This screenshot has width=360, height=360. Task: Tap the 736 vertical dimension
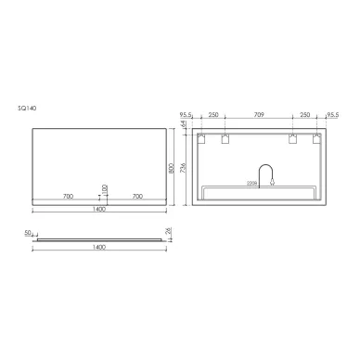coord(184,170)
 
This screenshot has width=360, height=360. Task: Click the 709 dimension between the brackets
coord(258,116)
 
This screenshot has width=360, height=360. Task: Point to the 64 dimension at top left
coord(184,123)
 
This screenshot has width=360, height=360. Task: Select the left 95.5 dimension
coord(186,116)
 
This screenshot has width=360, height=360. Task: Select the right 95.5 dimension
coord(331,116)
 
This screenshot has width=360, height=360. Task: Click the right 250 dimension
coord(305,116)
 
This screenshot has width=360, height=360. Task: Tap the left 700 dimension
coord(67,197)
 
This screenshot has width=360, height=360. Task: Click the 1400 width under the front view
coord(99,209)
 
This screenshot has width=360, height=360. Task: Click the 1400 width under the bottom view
coord(99,248)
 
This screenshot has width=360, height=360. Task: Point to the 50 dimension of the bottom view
coord(27,233)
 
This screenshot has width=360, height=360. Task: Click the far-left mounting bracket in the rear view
coord(199,138)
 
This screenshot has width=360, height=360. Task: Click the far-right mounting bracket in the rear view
coord(318,138)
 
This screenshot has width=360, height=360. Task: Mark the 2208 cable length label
coord(252,183)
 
